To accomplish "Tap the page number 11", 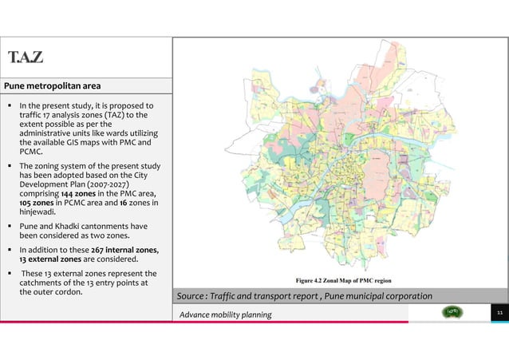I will pyautogui.click(x=498, y=315).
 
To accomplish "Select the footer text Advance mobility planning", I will pyautogui.click(x=226, y=315).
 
